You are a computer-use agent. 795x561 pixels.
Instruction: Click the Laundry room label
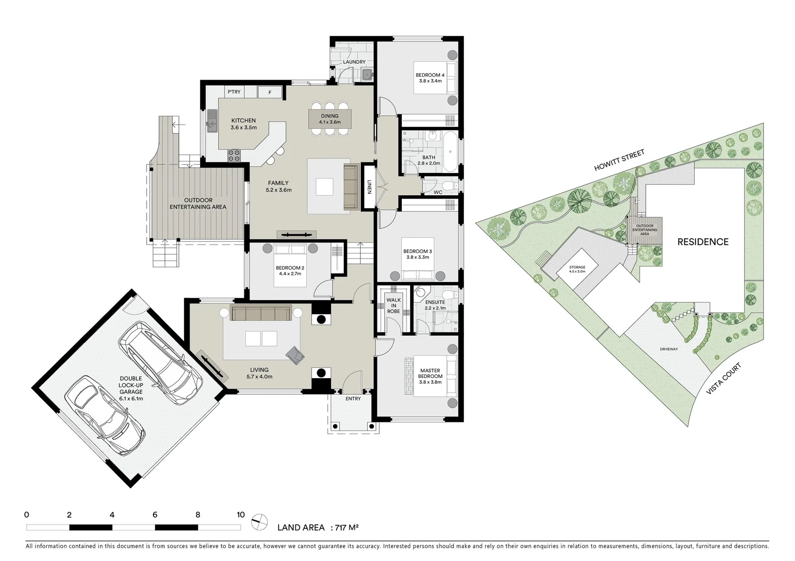coord(354,62)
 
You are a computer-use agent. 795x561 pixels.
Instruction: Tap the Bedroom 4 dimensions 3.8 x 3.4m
coord(430,81)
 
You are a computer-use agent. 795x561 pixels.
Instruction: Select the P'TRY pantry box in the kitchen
coord(234,92)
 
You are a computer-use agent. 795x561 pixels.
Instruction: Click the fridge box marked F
coord(270,92)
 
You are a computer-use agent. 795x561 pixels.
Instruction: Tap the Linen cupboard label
coord(369,187)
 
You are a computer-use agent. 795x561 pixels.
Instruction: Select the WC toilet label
coord(438,193)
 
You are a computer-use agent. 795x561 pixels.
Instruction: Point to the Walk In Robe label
coord(394,305)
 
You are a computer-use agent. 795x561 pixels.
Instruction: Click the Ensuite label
coord(435,302)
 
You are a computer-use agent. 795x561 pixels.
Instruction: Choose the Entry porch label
coord(353,399)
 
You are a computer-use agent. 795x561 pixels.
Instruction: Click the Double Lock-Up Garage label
coord(131,388)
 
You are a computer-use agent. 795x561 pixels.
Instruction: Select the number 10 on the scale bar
coord(240,515)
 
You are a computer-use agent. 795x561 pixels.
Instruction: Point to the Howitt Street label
coord(620,161)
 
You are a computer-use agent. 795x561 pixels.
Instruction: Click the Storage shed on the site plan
coord(577,269)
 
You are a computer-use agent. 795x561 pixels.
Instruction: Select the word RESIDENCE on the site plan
coord(702,242)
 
